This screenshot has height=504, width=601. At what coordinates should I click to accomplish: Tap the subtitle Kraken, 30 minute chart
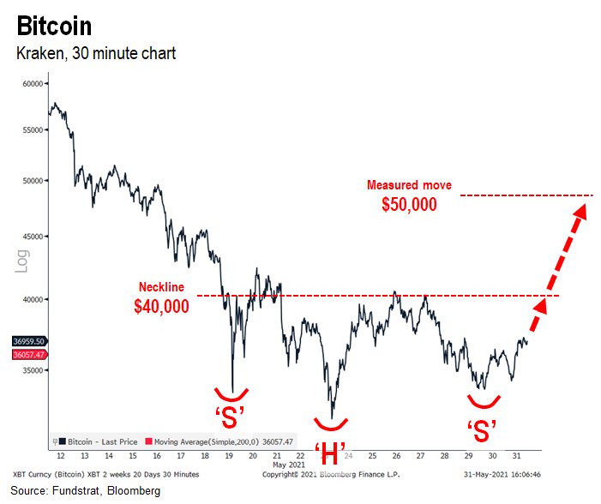click(x=96, y=54)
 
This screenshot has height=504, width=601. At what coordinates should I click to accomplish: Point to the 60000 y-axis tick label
click(x=32, y=84)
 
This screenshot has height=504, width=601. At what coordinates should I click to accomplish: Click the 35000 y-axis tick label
click(x=32, y=370)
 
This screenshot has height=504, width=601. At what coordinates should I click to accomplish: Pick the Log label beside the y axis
click(x=23, y=261)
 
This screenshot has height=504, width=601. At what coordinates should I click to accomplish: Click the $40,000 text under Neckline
click(x=161, y=306)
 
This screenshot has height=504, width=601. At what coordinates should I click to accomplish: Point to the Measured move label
click(x=409, y=185)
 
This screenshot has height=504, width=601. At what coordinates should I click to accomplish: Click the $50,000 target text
click(x=409, y=205)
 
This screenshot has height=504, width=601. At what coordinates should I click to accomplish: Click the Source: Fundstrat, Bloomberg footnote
click(x=86, y=491)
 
